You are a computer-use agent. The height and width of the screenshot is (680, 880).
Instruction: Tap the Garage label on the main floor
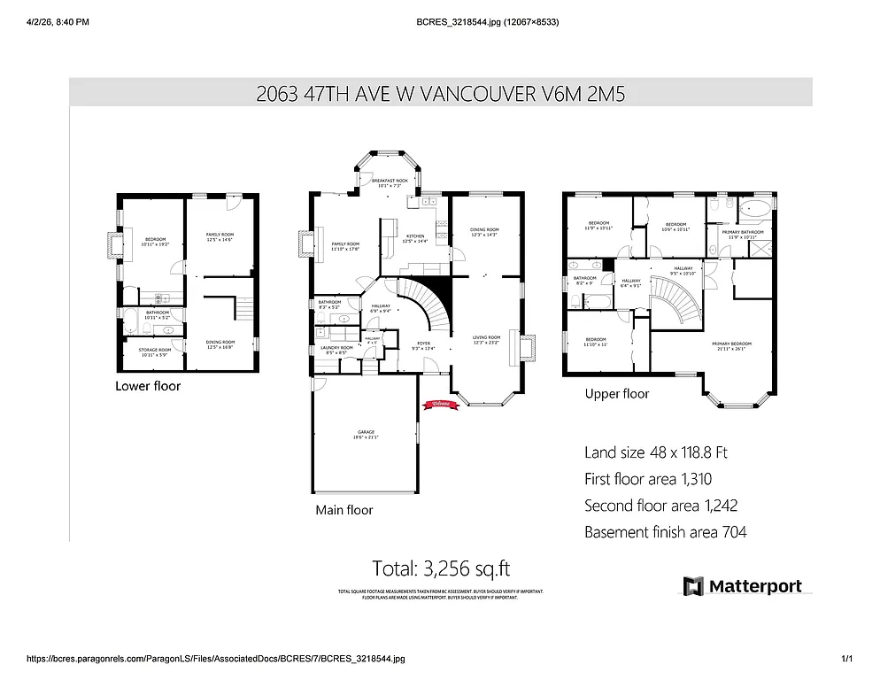pyautogui.click(x=365, y=435)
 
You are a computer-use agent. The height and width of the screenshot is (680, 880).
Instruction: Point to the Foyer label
pyautogui.click(x=423, y=346)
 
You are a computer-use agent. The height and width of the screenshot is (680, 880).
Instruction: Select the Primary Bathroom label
pyautogui.click(x=742, y=235)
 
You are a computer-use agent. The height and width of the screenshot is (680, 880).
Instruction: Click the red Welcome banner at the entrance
pyautogui.click(x=441, y=404)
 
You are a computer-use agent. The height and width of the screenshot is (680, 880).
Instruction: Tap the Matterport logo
pyautogui.click(x=743, y=586)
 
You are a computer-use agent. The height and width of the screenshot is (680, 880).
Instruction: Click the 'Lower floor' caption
pyautogui.click(x=148, y=386)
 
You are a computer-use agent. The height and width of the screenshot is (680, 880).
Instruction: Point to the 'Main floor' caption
pyautogui.click(x=344, y=510)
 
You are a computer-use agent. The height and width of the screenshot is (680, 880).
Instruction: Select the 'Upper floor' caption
pyautogui.click(x=616, y=394)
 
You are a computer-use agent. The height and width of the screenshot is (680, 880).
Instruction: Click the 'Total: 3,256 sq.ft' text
pyautogui.click(x=440, y=568)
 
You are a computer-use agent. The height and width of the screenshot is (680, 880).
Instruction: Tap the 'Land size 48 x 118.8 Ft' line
pyautogui.click(x=655, y=452)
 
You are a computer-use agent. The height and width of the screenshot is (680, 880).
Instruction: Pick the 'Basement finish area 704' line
pyautogui.click(x=665, y=532)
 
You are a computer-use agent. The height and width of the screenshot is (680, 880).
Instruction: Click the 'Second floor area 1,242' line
pyautogui.click(x=660, y=506)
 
